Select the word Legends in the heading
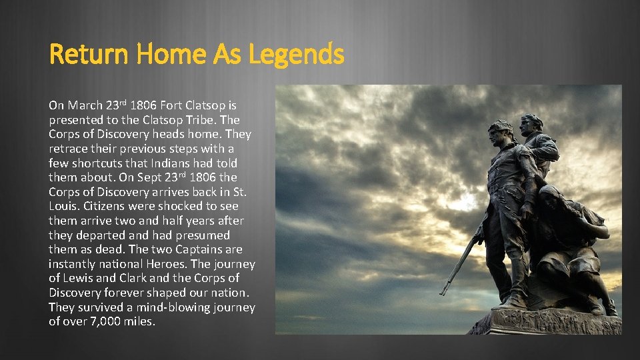tap(296, 54)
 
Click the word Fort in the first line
tap(173, 105)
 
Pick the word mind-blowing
tap(159, 307)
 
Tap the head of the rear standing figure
tap(531, 124)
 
